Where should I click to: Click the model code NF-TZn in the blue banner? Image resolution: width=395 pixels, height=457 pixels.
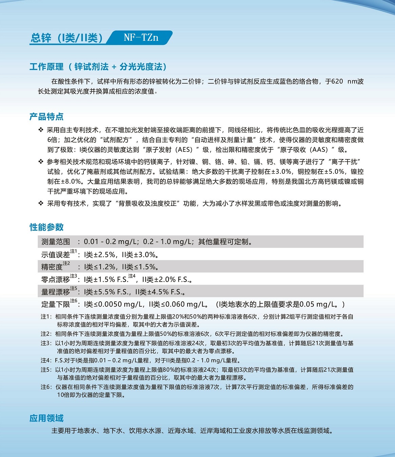141,37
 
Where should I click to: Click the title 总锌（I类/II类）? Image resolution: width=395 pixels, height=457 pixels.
67,38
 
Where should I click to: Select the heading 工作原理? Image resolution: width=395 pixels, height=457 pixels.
46,67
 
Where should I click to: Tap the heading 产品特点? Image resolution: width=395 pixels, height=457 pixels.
46,117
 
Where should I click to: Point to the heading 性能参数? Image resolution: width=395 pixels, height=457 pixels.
46,227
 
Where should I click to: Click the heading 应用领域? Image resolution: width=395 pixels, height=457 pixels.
46,418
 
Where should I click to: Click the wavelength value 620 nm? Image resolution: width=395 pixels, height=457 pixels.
343,82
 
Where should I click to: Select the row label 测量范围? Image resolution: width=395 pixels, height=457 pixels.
56,242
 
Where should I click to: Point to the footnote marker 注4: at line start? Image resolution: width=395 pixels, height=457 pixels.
46,361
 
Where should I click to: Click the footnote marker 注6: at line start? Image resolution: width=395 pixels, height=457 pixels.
46,387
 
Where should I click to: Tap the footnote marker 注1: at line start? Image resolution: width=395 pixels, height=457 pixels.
46,317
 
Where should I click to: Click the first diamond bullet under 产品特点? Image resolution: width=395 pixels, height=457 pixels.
41,130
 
